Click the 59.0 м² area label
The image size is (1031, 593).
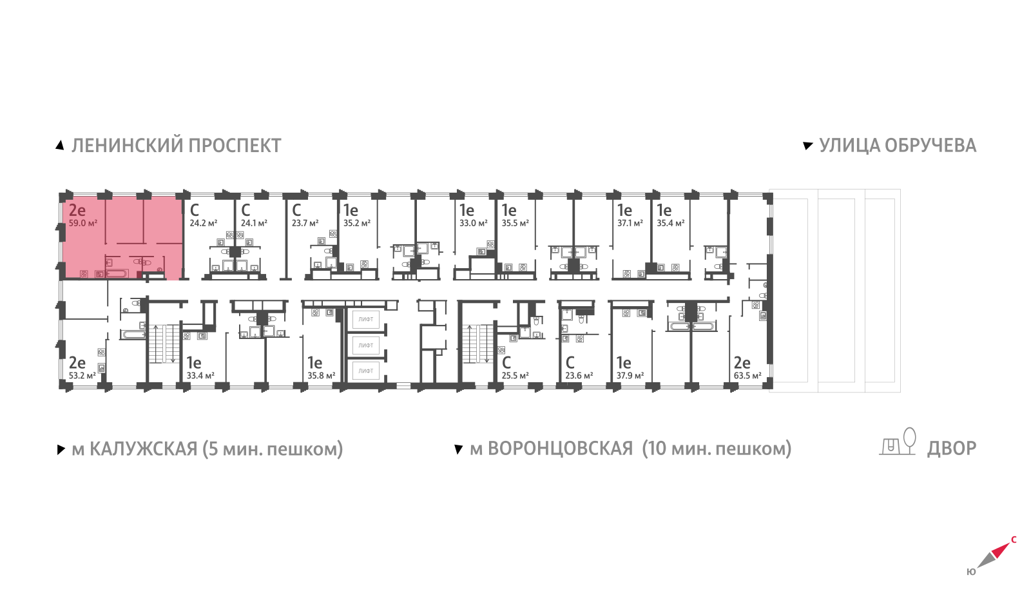click(83, 223)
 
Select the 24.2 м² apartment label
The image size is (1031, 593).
click(204, 223)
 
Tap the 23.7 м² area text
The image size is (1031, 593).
click(305, 223)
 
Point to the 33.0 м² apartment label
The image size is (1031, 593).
click(473, 223)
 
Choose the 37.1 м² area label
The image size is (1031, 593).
click(630, 223)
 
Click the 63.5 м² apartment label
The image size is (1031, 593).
click(747, 376)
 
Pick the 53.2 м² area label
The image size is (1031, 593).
click(82, 376)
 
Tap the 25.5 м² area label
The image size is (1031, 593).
click(515, 376)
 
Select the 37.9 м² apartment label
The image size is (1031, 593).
click(630, 376)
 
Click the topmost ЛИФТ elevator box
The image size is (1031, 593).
click(366, 319)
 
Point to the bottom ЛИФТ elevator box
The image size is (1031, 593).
click(366, 371)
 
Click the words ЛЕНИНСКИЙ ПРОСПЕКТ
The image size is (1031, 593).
click(177, 146)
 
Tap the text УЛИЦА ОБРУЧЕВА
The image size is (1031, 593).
click(898, 146)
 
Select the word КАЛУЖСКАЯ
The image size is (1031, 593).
click(143, 449)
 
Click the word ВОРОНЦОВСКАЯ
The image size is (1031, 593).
click(560, 449)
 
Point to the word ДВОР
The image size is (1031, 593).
click(952, 449)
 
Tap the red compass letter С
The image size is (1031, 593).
click(1014, 540)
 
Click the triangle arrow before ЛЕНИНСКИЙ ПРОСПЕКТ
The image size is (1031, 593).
click(60, 146)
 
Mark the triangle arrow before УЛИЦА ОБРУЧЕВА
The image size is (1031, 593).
click(808, 146)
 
